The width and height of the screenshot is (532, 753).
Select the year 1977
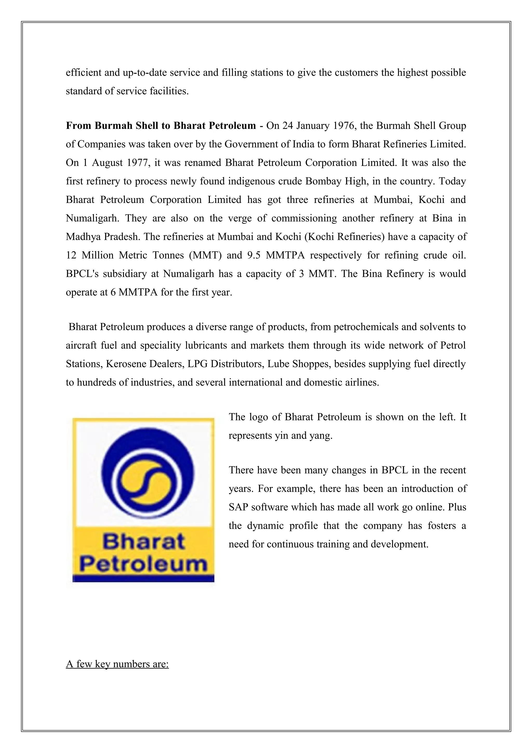pyautogui.click(x=138, y=163)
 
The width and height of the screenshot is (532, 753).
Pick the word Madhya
pyautogui.click(x=82, y=237)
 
